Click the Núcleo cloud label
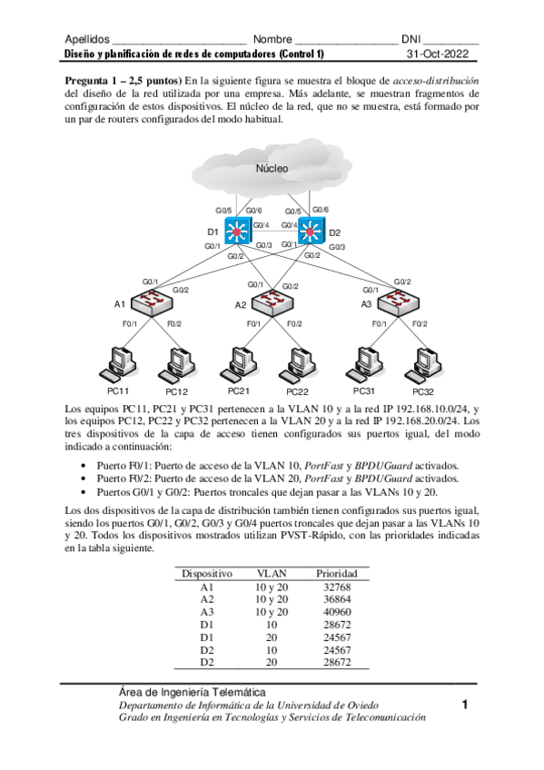(x=272, y=168)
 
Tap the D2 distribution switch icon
(x=311, y=231)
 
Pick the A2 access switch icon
(x=272, y=304)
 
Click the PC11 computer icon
(x=120, y=361)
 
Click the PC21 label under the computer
(x=238, y=390)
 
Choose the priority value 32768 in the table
(x=336, y=587)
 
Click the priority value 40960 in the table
(x=336, y=612)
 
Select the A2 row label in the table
(x=206, y=599)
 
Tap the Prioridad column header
(x=336, y=574)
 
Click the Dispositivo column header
(x=207, y=574)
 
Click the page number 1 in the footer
(x=465, y=704)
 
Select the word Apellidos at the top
(x=87, y=40)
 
